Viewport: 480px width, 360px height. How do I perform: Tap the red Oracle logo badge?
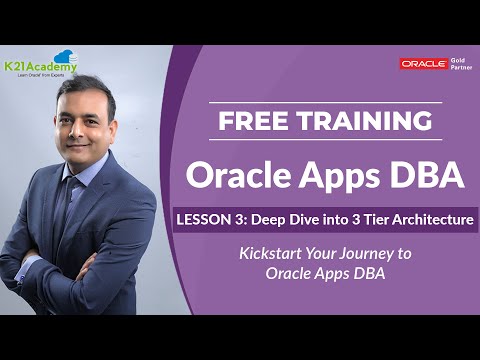[x=424, y=63]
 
